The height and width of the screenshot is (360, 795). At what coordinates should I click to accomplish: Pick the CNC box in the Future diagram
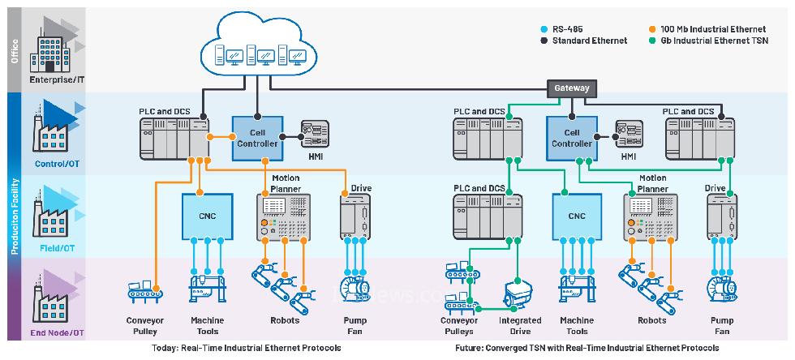577,216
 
